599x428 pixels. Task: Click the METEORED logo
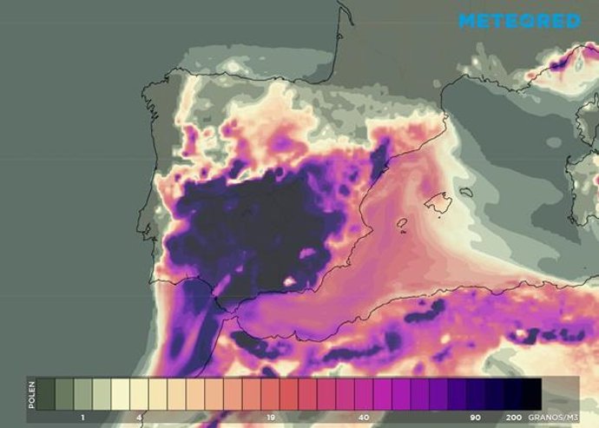point(518,20)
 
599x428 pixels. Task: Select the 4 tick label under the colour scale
point(139,418)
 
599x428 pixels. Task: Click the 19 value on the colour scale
point(271,418)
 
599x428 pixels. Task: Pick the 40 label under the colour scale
point(364,418)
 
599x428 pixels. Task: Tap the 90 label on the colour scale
point(476,418)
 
